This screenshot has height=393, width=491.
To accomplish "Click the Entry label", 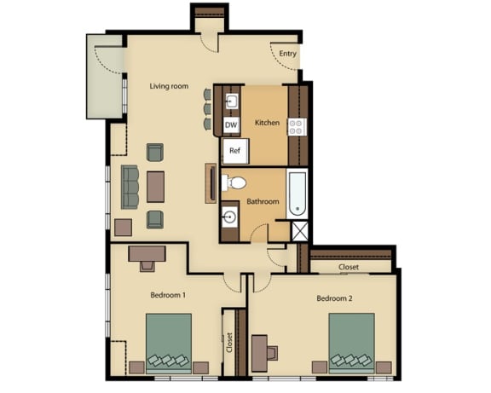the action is tap(287, 54).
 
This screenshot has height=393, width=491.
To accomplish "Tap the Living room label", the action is tap(169, 86).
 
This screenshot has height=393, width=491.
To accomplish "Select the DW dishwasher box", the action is tap(231, 125).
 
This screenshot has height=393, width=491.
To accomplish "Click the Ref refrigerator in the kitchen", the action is tap(235, 151).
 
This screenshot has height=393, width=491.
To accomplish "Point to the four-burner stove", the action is tap(297, 127).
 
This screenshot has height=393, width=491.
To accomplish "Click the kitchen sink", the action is tap(232, 101).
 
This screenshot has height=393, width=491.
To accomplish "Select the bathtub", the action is tap(297, 194).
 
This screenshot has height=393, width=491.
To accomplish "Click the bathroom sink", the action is tap(229, 217).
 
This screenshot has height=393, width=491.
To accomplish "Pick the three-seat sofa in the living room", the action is tap(130, 187).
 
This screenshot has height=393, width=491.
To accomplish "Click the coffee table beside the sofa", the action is tap(156, 187).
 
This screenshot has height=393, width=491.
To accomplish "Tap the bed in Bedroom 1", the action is tap(169, 344).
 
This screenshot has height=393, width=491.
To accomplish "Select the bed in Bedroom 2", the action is tap(352, 344).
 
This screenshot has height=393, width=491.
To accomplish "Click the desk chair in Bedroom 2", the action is tap(272, 353).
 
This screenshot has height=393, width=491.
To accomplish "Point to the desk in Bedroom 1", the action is tap(147, 253).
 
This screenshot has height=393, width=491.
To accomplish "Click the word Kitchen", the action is tap(267, 123).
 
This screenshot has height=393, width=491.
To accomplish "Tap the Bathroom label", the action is tap(263, 201).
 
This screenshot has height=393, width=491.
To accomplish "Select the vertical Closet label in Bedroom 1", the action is tap(229, 343).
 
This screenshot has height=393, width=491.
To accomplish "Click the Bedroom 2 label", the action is tap(334, 298).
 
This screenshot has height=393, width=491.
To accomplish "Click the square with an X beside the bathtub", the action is tap(300, 231).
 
